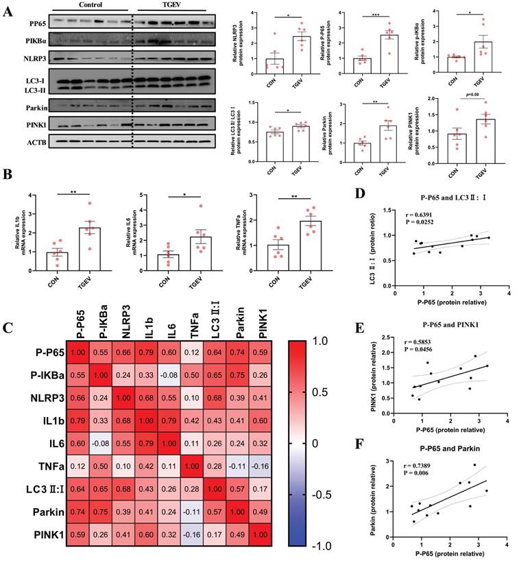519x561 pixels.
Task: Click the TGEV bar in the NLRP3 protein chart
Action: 300,53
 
